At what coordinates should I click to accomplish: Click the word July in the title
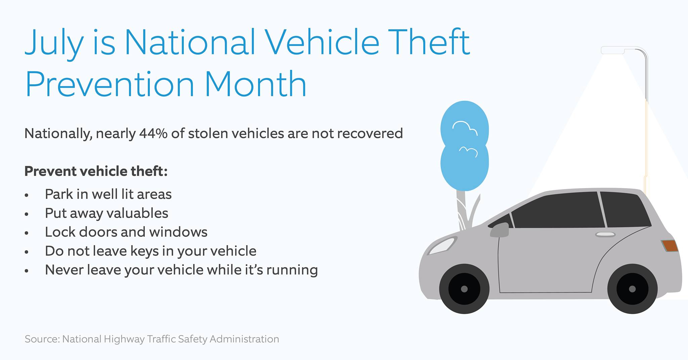pos(54,43)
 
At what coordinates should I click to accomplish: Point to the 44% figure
pos(153,134)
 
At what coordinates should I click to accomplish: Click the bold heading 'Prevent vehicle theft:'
pos(96,171)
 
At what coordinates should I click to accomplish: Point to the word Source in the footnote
pos(41,339)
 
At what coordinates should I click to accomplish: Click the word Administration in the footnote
pos(244,339)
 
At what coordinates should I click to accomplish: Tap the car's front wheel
pos(464,289)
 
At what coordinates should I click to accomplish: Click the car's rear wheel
pos(632,289)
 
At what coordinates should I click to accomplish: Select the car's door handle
pos(605,234)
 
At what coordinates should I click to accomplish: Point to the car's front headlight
pos(441,246)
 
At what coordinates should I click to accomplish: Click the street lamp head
pos(612,51)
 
